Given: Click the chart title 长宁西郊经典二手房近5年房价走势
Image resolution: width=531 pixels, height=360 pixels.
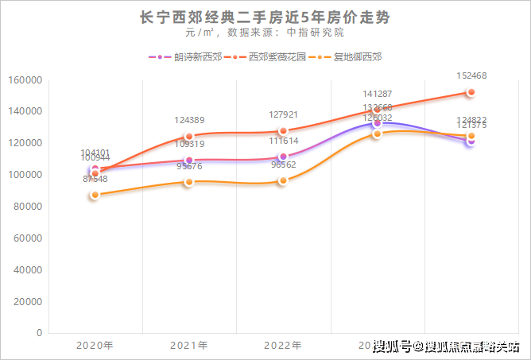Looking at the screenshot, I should click(265, 17).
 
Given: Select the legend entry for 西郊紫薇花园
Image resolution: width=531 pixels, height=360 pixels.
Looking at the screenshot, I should click(274, 57).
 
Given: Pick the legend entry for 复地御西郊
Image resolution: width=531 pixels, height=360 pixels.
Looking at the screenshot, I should click(355, 57).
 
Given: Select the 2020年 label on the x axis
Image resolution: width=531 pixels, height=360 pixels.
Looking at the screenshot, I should click(95, 346).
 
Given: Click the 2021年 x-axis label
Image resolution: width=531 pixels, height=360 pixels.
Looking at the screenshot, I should click(189, 346).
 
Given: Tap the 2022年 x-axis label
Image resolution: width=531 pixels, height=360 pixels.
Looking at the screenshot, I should click(283, 346).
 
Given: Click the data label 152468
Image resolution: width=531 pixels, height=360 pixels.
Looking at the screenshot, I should click(471, 76).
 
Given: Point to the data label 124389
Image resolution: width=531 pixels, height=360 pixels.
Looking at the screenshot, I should click(189, 120).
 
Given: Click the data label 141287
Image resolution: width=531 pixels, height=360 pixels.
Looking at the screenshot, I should click(378, 94).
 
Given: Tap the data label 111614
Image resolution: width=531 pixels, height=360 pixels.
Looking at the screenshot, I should click(283, 141).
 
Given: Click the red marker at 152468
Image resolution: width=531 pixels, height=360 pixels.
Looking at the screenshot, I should click(471, 92).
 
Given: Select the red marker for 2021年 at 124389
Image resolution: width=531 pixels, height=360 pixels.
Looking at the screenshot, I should click(189, 136).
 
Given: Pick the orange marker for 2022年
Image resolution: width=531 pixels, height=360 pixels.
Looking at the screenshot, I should click(283, 180).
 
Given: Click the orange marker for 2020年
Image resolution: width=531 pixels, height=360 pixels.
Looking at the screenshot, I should click(95, 195).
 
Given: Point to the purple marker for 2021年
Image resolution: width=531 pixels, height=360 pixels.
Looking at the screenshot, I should click(189, 160).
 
